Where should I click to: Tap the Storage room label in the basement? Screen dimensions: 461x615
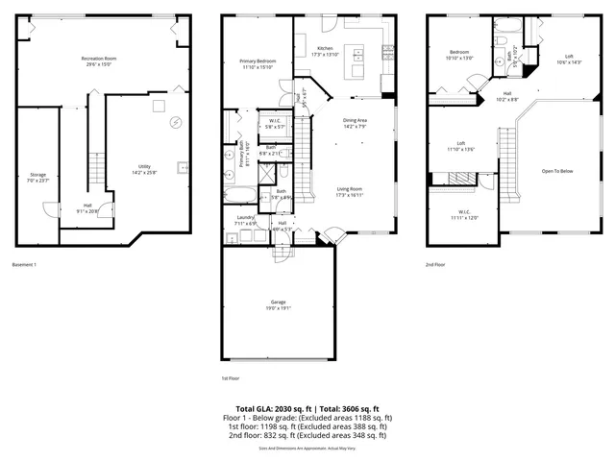(37, 177)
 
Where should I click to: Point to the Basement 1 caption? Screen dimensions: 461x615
(25, 264)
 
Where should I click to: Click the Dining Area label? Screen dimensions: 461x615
(357, 123)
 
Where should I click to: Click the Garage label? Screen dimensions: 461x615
(277, 303)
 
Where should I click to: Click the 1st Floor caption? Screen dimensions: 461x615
(232, 378)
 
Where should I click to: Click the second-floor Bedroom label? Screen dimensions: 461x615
(460, 54)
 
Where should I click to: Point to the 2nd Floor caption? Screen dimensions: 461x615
(437, 264)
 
